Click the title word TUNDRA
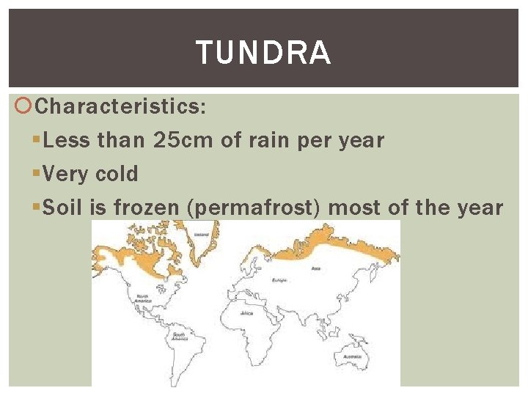[263, 54]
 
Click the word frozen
[146, 208]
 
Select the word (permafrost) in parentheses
[254, 208]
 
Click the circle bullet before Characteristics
[24, 107]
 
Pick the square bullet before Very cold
[37, 174]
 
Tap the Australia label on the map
[351, 357]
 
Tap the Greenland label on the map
[197, 235]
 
